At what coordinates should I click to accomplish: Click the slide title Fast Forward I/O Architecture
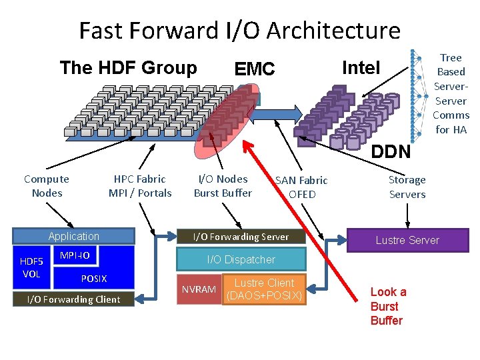click(239, 31)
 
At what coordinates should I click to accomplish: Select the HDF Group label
click(128, 68)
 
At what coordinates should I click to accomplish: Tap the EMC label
click(255, 69)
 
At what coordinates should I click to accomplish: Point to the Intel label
click(361, 67)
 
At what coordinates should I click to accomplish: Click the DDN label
click(391, 152)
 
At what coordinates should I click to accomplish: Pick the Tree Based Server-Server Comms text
click(451, 93)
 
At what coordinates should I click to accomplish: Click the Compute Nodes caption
click(47, 186)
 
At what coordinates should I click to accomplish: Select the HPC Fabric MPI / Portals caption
click(140, 186)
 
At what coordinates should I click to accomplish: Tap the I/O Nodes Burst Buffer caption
click(223, 186)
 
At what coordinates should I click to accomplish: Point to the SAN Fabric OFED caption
click(301, 187)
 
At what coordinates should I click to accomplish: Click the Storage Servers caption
click(407, 187)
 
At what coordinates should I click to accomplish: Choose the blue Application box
click(73, 237)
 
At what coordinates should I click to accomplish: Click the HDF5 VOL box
click(31, 267)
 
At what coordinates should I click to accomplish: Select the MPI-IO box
click(75, 256)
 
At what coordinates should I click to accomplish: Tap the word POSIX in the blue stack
click(93, 278)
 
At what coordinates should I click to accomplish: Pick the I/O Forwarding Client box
click(73, 299)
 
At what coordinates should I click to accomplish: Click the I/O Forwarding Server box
click(241, 237)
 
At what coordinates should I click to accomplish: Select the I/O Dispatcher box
click(241, 259)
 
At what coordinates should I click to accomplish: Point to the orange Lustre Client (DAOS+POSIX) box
click(264, 289)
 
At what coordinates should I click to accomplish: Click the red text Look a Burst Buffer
click(388, 306)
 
